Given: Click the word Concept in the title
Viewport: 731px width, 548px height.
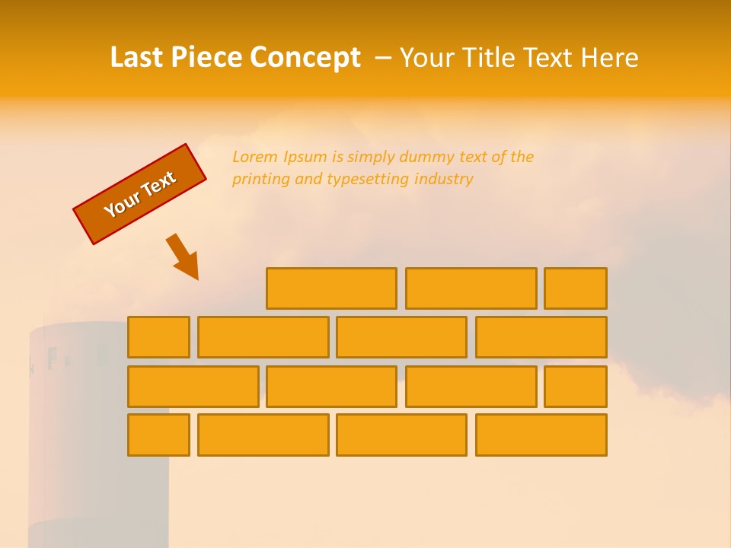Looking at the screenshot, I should point(305,58).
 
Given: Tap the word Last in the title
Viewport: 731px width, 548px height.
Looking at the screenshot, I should point(137,58).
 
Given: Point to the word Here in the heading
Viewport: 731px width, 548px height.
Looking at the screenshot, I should point(609,58).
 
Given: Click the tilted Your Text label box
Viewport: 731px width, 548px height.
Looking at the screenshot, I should point(140,194).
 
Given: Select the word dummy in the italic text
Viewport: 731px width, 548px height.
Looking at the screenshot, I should point(429,157).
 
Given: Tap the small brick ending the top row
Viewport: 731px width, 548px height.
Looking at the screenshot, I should point(576,288).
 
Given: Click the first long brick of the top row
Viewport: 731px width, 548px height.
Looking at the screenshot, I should point(331,288).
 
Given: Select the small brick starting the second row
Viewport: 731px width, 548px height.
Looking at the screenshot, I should point(158,337).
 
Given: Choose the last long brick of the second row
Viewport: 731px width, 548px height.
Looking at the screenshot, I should point(541,337).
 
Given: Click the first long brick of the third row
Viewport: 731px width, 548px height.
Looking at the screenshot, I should point(193,387).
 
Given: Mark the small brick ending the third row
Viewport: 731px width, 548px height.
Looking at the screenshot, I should point(576,387).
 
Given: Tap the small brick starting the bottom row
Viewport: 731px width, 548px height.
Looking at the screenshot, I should point(158,435).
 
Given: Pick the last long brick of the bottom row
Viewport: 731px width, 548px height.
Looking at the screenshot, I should point(541,435).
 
